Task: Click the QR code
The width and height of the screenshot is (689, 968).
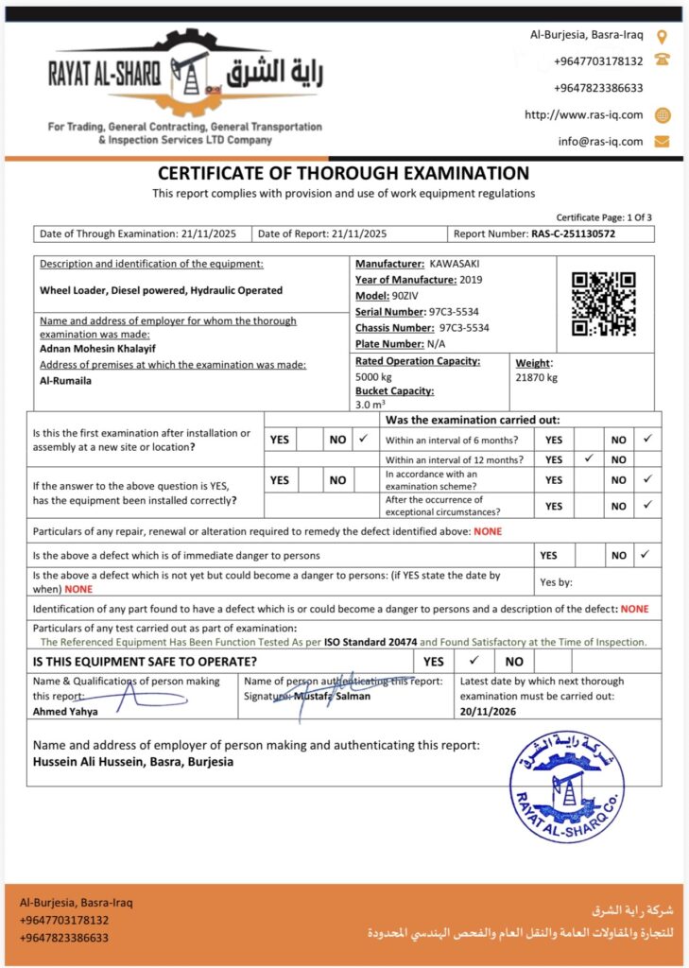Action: [x=604, y=303]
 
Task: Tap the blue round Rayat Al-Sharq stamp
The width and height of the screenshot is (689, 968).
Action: [x=567, y=786]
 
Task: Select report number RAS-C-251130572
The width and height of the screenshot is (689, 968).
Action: [x=573, y=233]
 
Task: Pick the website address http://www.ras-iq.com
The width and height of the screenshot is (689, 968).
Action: [x=584, y=114]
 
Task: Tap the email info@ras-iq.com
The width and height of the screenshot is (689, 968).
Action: [x=600, y=141]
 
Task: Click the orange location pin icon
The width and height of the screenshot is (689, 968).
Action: [x=662, y=37]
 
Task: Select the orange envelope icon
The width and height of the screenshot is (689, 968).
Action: [x=662, y=142]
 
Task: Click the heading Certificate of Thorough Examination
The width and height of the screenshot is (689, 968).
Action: [x=343, y=173]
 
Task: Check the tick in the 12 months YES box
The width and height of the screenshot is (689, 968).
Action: [x=588, y=458]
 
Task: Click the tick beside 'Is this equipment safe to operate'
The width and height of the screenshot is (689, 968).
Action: [x=474, y=661]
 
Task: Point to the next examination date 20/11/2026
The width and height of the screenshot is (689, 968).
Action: [x=490, y=711]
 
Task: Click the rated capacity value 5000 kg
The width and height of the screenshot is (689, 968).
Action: [x=373, y=376]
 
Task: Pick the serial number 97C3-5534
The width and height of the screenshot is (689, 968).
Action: [x=453, y=312]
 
